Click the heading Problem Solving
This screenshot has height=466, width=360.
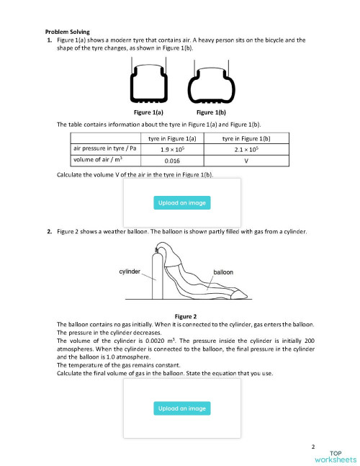click(x=68, y=32)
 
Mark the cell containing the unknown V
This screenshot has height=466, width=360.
click(x=246, y=161)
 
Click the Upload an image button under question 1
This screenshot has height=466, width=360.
click(x=182, y=203)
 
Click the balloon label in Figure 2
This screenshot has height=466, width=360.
click(x=223, y=272)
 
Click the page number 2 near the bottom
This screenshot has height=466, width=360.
click(x=314, y=447)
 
